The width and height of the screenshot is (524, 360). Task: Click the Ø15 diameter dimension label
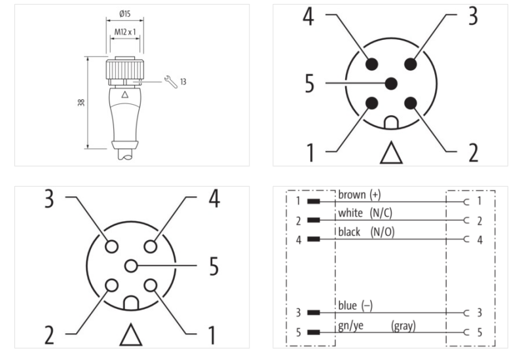(124, 14)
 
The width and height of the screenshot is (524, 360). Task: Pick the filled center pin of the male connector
(392, 83)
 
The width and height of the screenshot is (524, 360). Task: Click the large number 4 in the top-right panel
(307, 18)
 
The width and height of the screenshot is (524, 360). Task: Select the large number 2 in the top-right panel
(472, 151)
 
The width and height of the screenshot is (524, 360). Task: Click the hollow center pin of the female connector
(132, 266)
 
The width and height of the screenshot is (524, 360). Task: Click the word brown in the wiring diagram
(352, 195)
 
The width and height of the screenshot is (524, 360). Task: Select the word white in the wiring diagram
(350, 213)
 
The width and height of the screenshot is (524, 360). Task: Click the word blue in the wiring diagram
(346, 305)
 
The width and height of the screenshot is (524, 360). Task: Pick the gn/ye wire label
(350, 325)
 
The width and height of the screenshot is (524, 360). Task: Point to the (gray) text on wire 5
(403, 325)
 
